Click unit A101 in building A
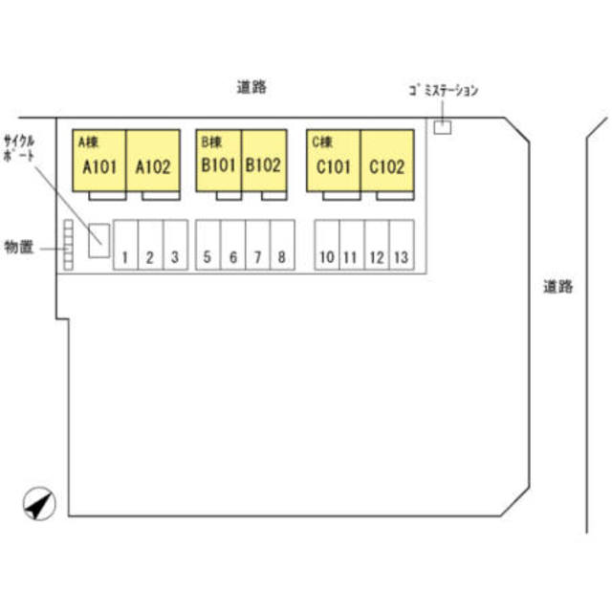point(99,161)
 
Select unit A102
point(153,161)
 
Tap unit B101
point(219,161)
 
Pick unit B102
point(264,161)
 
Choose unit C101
point(334,161)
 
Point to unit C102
point(387,161)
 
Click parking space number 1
point(125,245)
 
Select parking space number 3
point(176,245)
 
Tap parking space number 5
point(208,245)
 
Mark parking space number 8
point(282,245)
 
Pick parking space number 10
point(327,245)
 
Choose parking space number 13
point(402,245)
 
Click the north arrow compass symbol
point(39,504)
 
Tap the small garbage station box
point(443,127)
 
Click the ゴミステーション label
point(444,90)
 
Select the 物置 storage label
point(19,247)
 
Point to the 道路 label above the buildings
point(251,87)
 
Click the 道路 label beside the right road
point(558,287)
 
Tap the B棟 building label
point(211,142)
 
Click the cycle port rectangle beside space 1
point(98,241)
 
